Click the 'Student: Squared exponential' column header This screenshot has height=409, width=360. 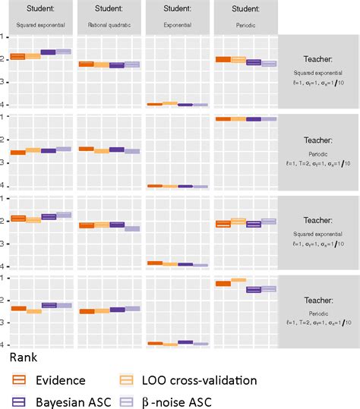[x=39, y=16]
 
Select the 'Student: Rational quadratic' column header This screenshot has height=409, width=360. [x=109, y=16]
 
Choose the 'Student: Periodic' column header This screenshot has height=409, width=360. [x=245, y=16]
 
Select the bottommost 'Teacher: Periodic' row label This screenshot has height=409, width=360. [x=319, y=312]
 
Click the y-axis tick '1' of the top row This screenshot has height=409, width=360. [x=4, y=36]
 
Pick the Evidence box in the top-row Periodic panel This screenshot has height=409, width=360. [x=223, y=59]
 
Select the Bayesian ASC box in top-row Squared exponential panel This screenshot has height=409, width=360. [x=48, y=52]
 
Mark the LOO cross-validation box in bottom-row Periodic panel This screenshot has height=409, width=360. [x=238, y=280]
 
